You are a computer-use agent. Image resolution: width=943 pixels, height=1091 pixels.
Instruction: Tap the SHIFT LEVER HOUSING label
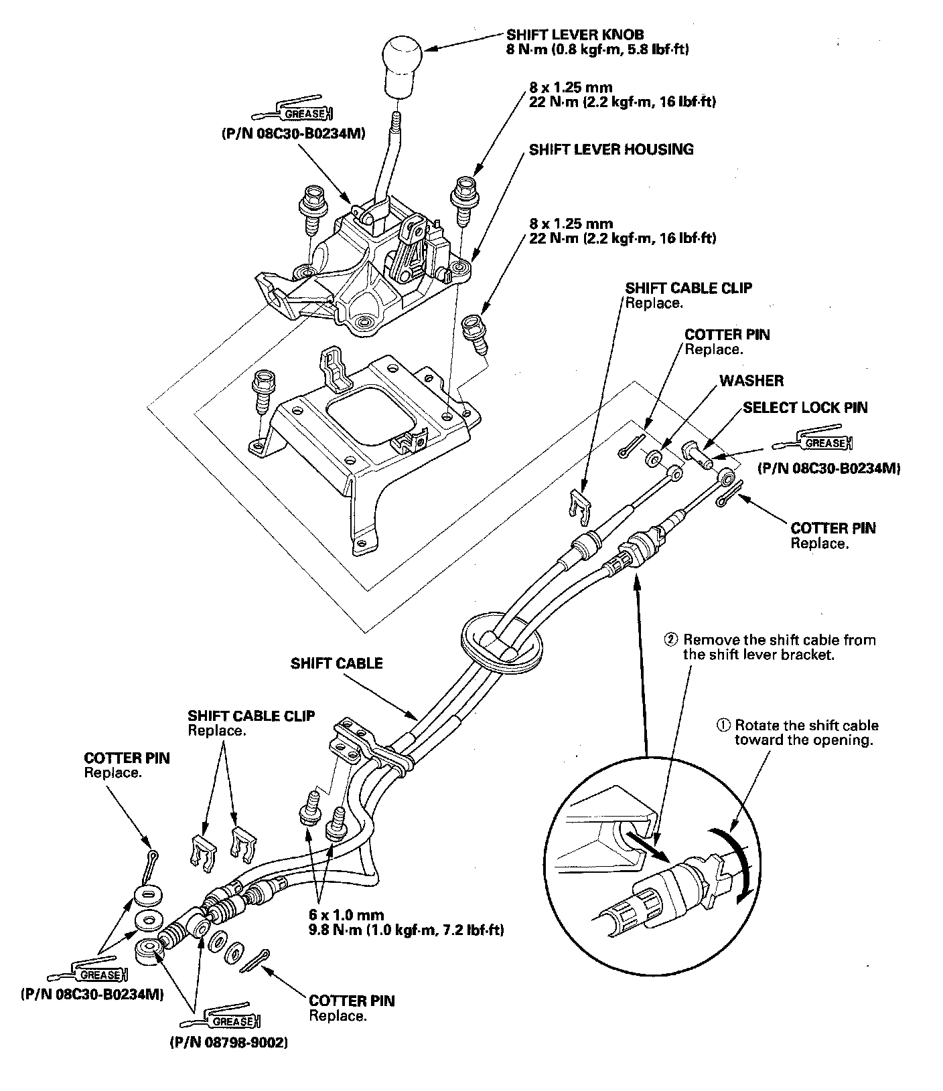click(611, 149)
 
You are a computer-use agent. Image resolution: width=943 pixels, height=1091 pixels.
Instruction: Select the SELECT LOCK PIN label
click(805, 408)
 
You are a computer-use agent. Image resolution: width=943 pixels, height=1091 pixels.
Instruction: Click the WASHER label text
click(751, 381)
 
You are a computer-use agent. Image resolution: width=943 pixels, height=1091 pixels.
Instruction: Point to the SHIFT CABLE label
click(336, 663)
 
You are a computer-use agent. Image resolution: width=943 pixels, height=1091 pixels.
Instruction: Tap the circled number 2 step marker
click(672, 640)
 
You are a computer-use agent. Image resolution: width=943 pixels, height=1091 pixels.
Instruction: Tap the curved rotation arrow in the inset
click(746, 863)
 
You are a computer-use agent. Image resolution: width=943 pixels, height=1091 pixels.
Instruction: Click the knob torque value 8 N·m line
click(598, 50)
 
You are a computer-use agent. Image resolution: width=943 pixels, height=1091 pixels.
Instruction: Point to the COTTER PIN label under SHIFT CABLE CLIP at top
click(727, 335)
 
